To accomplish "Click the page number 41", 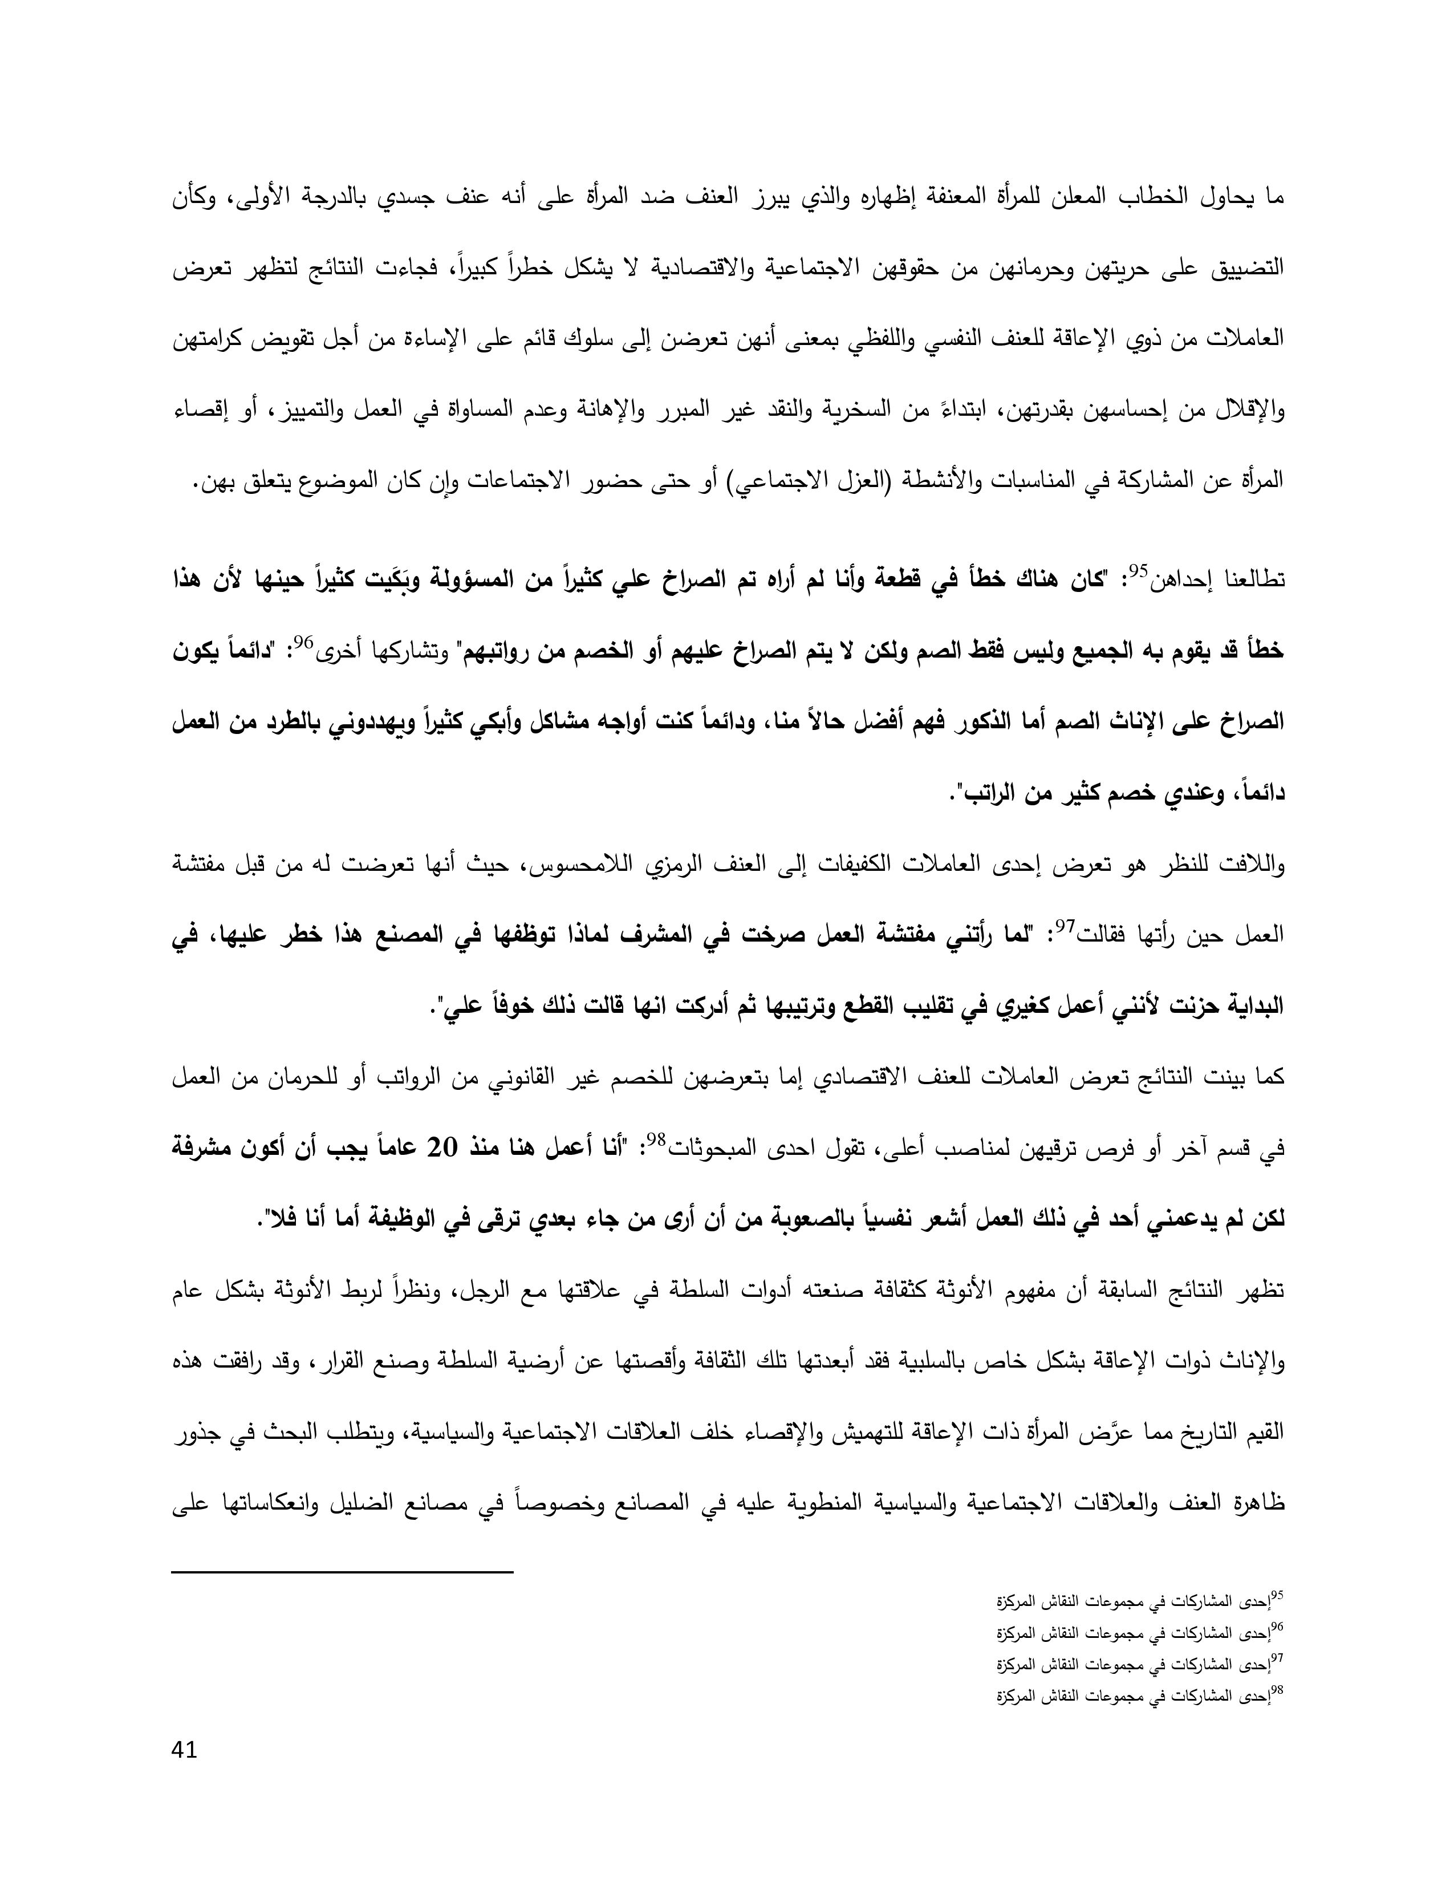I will (x=185, y=1751).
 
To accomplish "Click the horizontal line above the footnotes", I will (x=343, y=1573).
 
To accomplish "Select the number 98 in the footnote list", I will (x=1277, y=1692).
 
